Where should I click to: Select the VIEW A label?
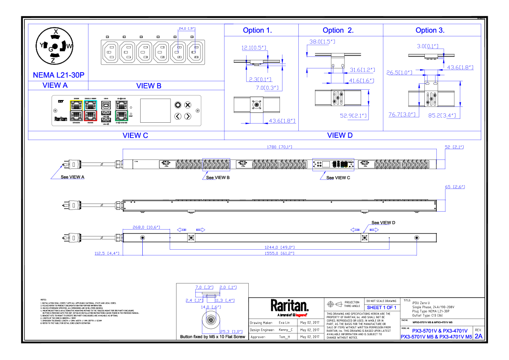[55, 86]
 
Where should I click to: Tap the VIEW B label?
[149, 86]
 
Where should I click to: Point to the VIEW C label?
[135, 136]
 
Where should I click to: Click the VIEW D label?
[340, 136]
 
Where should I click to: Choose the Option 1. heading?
[257, 30]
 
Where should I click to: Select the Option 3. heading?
[430, 30]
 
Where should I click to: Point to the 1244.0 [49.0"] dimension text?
[280, 247]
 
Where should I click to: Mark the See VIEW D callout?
[383, 223]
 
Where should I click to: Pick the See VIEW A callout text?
[73, 177]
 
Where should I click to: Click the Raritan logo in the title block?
[289, 306]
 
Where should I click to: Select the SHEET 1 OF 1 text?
[382, 307]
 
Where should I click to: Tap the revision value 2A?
[479, 336]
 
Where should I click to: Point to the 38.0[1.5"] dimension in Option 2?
[322, 41]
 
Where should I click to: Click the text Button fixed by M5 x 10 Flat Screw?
[213, 336]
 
